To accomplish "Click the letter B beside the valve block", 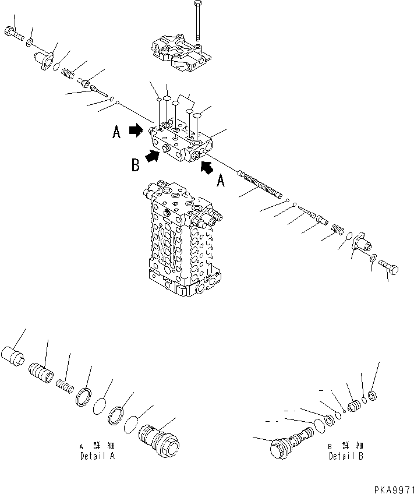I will point(135,165).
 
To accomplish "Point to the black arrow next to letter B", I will point(153,156).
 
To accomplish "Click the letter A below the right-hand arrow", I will point(220,182).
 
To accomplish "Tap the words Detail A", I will point(97,456).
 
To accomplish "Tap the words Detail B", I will point(346,456).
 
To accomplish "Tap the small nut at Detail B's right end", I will point(373,397).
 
